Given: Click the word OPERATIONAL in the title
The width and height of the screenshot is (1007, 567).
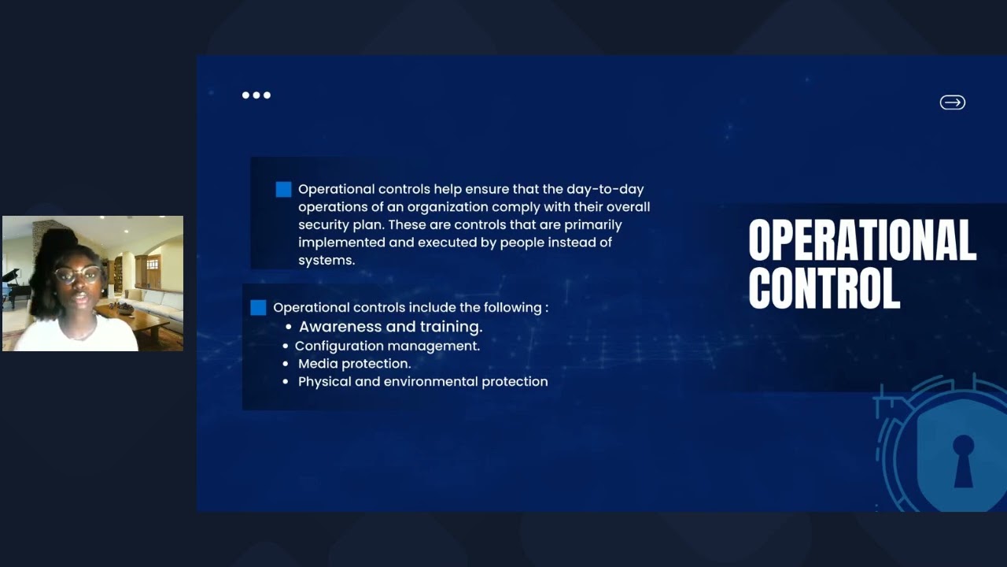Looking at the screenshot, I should [861, 240].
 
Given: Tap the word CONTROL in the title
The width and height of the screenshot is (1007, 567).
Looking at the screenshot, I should [824, 288].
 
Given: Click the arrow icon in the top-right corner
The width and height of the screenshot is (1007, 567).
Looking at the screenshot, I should [952, 102].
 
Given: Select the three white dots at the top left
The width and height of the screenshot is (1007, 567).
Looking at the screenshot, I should [256, 95].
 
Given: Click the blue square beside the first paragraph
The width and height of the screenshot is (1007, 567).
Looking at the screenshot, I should [283, 189].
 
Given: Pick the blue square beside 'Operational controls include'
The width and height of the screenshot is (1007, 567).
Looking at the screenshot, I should [258, 307].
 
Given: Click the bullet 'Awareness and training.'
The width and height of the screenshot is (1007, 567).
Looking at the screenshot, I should [390, 326].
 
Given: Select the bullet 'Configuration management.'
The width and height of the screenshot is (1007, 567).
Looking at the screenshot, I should [387, 346].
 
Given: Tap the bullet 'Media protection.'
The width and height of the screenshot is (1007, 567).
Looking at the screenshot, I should [354, 364].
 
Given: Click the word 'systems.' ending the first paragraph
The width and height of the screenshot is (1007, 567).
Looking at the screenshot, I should [326, 260].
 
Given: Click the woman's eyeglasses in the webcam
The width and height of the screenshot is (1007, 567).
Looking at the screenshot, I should [78, 275].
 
